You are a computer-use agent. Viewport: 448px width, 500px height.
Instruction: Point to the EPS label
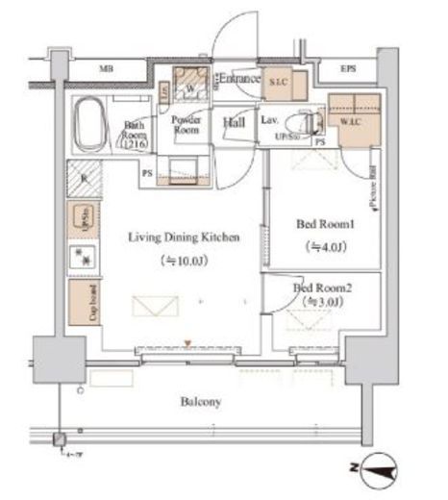click(348, 69)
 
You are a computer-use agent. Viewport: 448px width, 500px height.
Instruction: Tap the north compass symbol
click(382, 470)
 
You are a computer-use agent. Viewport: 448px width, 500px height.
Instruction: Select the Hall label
click(235, 122)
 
